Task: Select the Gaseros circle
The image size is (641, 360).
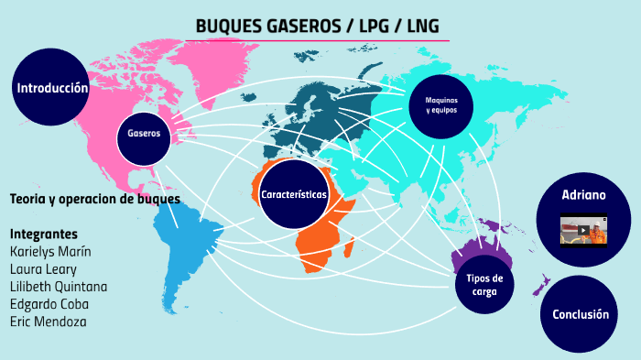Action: click(144, 133)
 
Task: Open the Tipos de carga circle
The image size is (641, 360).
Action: click(484, 284)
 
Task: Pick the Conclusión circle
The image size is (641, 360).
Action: click(580, 314)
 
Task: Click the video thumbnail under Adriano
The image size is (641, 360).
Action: click(583, 231)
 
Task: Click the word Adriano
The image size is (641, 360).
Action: click(583, 195)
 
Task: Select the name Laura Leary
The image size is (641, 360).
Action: click(42, 268)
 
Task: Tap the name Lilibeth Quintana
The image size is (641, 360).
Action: click(58, 286)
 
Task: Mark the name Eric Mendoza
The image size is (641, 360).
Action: click(47, 322)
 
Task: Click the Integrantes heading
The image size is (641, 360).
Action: click(43, 234)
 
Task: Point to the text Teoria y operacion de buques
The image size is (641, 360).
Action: click(94, 199)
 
